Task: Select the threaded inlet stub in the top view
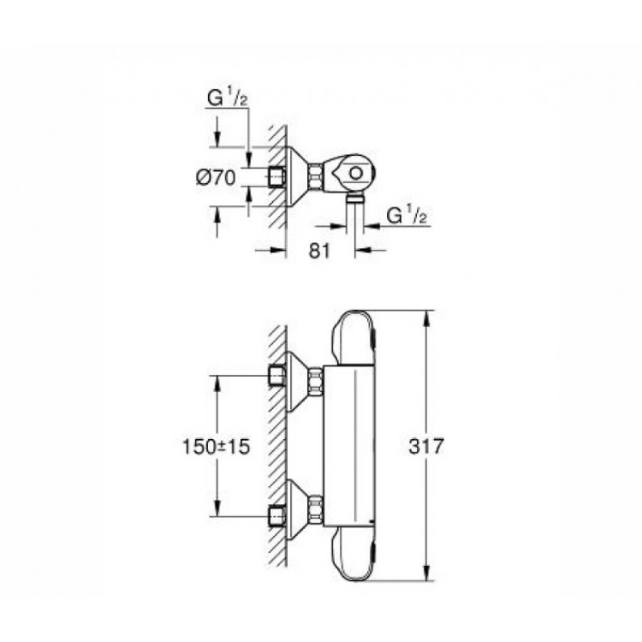point(276,176)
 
